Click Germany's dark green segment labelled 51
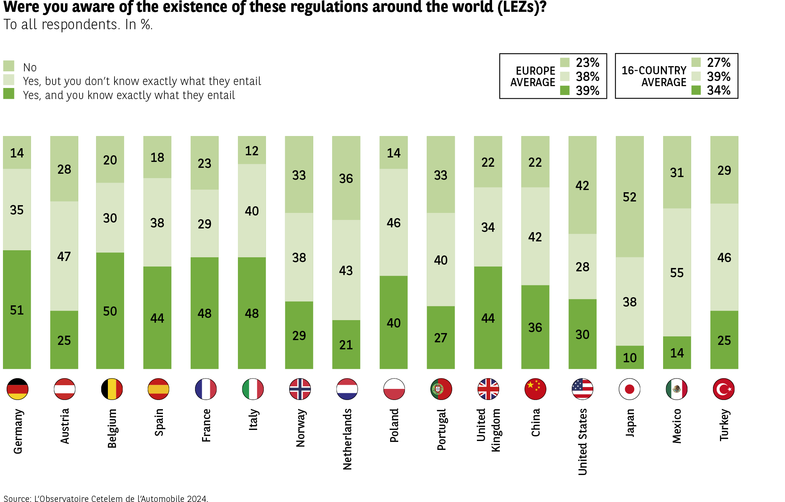[x=17, y=310]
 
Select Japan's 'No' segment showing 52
[x=629, y=197]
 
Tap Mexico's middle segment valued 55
[x=677, y=272]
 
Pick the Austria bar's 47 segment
[x=64, y=256]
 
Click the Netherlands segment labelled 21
[x=346, y=345]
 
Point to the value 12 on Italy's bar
[x=252, y=150]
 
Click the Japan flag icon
[x=629, y=389]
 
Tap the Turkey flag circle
[x=724, y=389]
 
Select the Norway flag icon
[x=300, y=389]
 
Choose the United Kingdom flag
[x=488, y=389]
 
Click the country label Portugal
[x=441, y=429]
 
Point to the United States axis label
[x=583, y=441]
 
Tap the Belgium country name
[x=112, y=428]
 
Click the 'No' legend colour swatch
[x=9, y=66]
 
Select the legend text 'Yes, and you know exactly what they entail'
[x=129, y=95]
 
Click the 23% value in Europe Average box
[x=587, y=62]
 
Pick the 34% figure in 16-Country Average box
[x=719, y=90]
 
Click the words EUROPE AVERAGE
[x=533, y=77]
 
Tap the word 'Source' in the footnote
[x=17, y=499]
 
